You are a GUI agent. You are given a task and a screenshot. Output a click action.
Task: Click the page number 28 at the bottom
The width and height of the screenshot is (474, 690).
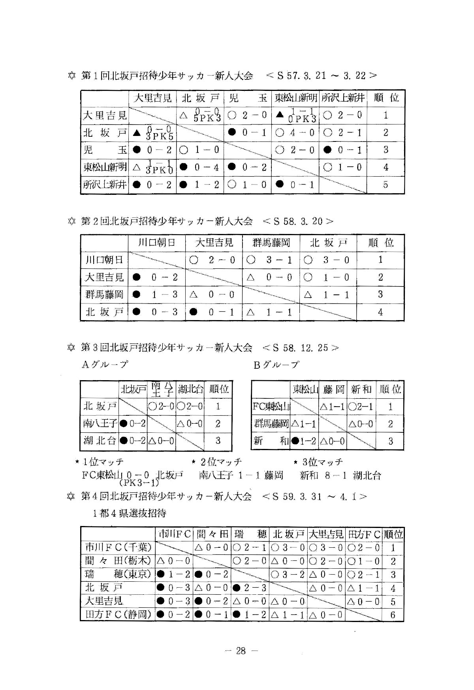(241, 651)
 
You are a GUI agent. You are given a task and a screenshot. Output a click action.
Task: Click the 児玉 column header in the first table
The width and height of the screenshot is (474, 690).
(247, 98)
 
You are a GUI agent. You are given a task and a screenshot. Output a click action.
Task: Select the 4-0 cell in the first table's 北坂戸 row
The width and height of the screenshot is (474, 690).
(295, 133)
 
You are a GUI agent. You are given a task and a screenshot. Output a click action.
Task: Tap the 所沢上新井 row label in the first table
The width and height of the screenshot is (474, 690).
(105, 185)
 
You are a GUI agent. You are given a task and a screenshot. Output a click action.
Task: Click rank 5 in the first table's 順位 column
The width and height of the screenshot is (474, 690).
(386, 185)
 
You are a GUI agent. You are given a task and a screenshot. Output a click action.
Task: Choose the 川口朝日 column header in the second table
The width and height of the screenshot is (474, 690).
(156, 243)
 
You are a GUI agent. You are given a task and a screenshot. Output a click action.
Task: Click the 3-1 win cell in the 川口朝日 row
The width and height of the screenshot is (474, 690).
(271, 260)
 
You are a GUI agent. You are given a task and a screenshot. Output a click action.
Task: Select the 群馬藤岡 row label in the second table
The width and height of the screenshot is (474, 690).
(104, 294)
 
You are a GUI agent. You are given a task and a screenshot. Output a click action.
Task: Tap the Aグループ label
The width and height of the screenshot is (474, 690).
(105, 364)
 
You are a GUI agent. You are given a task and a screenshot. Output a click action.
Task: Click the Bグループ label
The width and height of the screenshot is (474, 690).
(276, 364)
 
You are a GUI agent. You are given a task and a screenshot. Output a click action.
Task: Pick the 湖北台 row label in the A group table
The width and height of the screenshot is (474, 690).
(100, 440)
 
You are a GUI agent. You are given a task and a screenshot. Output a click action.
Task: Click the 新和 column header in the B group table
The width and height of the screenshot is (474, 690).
(361, 389)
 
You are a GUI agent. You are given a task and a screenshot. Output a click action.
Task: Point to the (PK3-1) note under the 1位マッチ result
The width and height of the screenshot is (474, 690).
(139, 483)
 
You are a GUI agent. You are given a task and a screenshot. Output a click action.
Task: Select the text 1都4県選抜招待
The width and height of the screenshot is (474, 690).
(130, 513)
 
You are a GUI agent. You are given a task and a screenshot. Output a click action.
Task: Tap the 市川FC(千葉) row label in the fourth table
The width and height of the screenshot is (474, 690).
(118, 547)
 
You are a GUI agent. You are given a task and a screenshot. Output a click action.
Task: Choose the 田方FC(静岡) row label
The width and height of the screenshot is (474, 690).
(118, 615)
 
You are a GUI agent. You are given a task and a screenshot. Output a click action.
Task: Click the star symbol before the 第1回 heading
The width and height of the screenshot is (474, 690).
(71, 75)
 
